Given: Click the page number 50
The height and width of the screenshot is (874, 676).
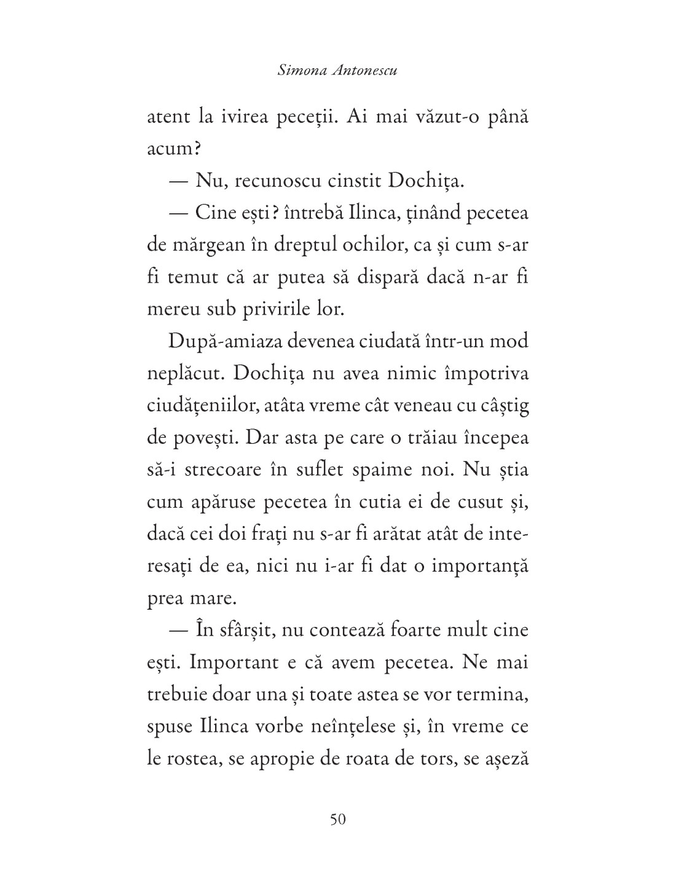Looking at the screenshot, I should point(338,819).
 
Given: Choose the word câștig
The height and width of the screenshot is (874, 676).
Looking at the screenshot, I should point(501,405).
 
